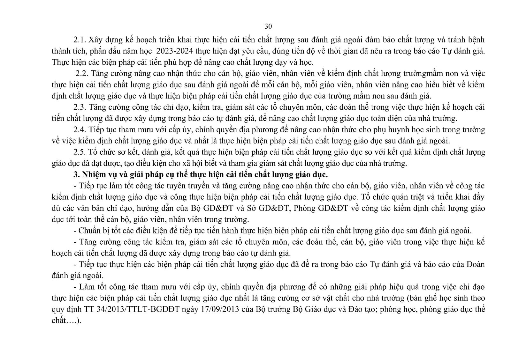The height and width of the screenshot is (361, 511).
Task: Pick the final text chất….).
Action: [66, 321]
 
